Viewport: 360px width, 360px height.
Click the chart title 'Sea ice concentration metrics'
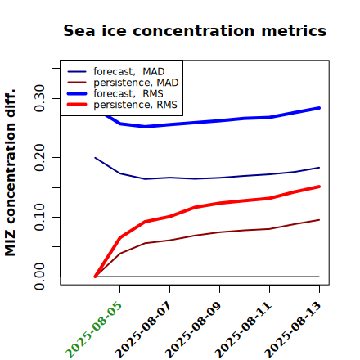point(195,30)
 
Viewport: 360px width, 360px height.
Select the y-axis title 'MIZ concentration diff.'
point(10,173)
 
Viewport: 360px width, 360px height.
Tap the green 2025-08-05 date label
point(93,330)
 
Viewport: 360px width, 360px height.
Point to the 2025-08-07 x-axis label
point(143,330)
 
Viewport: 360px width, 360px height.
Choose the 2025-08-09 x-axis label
point(193,330)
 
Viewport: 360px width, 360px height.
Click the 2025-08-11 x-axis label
point(243,330)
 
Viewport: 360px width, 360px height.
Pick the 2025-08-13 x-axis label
point(293,330)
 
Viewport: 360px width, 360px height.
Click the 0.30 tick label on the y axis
point(39,98)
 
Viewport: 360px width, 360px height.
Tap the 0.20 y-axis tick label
point(39,158)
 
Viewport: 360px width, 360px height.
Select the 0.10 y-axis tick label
point(39,217)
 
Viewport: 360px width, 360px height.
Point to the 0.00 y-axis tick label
point(39,277)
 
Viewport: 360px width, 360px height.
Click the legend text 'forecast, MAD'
point(129,72)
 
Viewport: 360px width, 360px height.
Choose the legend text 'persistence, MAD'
point(136,83)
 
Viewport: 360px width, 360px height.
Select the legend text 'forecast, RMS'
point(128,93)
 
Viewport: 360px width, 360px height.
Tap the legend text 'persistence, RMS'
point(135,105)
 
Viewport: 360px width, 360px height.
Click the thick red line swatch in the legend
point(77,105)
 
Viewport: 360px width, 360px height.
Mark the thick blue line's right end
point(319,108)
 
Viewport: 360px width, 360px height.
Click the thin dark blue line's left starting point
point(95,158)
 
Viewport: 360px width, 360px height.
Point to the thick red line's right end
point(319,187)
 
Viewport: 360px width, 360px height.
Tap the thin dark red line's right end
point(319,220)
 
